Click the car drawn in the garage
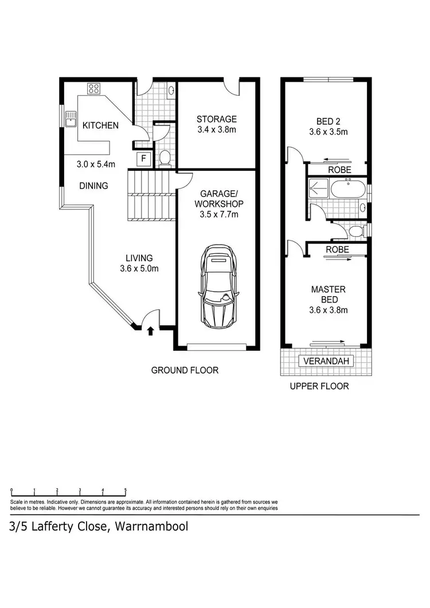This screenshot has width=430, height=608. point(217,287)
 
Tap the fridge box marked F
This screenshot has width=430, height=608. point(143,159)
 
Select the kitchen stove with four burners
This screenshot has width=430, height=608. point(93,88)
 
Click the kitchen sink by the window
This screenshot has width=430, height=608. point(71,119)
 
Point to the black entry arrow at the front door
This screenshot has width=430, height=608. point(151,331)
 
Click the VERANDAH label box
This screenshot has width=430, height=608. point(326,361)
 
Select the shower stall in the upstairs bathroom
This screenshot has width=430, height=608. point(318,188)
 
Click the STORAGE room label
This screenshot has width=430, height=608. point(217,119)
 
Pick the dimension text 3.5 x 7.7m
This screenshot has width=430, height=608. point(219,214)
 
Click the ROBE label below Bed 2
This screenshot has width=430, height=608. point(339,170)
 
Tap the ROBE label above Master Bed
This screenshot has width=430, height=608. point(337,250)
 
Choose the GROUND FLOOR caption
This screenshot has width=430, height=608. point(185,370)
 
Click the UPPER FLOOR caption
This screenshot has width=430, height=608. point(319,386)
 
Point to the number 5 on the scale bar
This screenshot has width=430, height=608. point(126,490)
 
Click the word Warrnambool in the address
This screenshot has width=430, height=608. point(151,527)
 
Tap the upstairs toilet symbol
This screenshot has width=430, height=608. point(356,232)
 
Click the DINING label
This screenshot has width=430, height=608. point(93,186)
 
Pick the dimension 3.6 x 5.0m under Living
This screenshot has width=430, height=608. point(139,268)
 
